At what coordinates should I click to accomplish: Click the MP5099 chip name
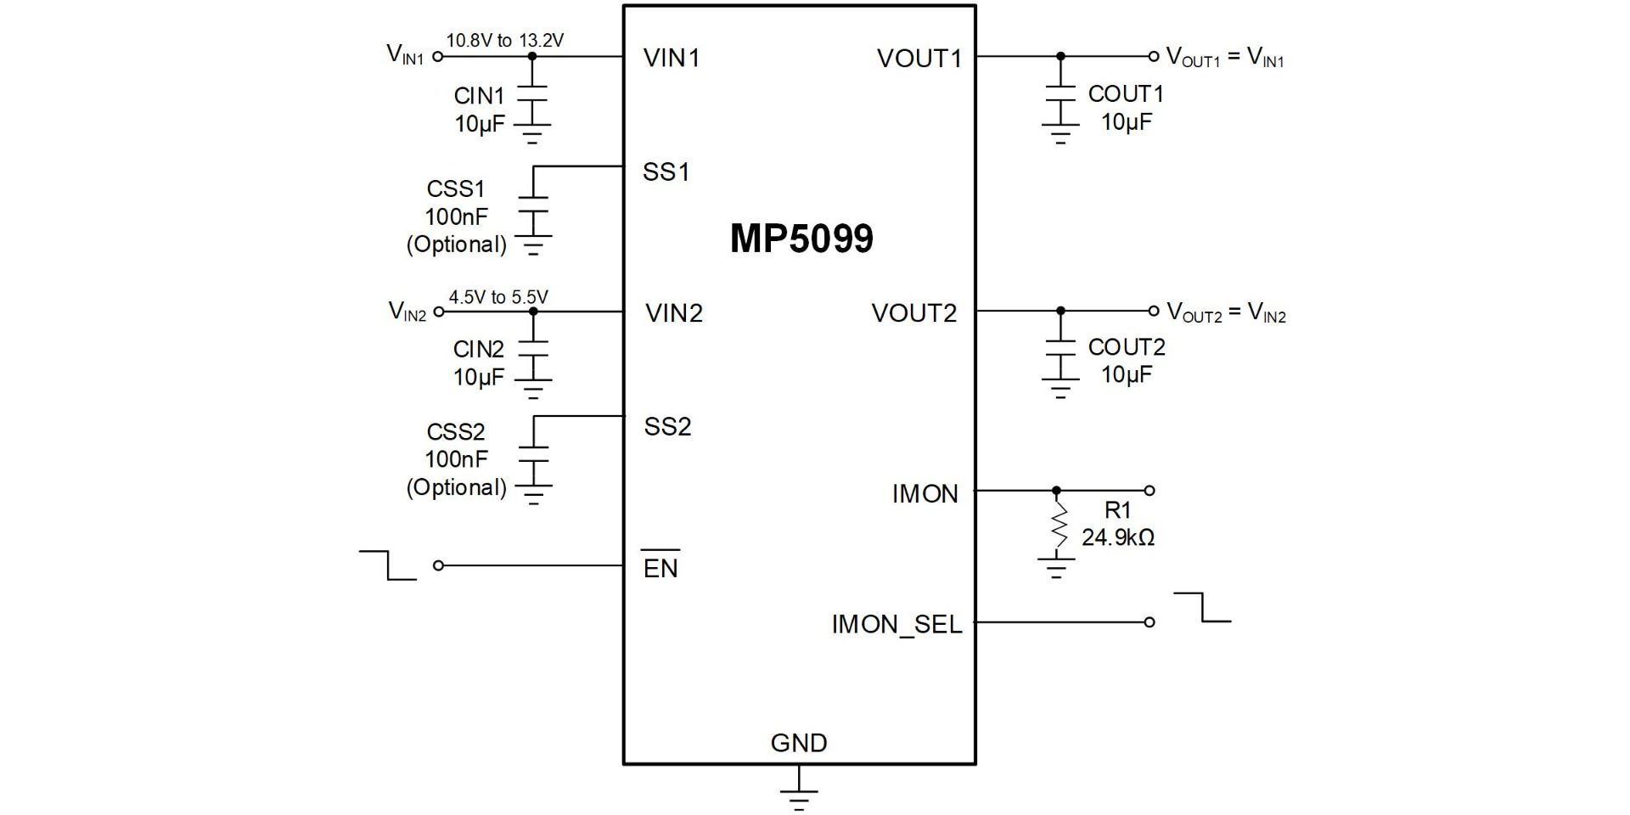pyautogui.click(x=801, y=239)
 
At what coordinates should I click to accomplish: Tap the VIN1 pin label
pyautogui.click(x=672, y=58)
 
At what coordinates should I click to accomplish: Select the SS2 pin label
pyautogui.click(x=667, y=426)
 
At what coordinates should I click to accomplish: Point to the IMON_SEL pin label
pyautogui.click(x=896, y=625)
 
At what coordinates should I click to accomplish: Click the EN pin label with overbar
pyautogui.click(x=660, y=566)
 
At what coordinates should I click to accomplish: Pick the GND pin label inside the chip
pyautogui.click(x=799, y=743)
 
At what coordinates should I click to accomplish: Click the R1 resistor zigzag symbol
pyautogui.click(x=1057, y=524)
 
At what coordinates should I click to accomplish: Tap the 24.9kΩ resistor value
pyautogui.click(x=1117, y=537)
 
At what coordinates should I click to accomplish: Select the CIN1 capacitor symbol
pyautogui.click(x=532, y=93)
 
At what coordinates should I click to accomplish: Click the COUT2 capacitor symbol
pyautogui.click(x=1059, y=347)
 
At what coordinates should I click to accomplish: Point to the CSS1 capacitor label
pyautogui.click(x=455, y=188)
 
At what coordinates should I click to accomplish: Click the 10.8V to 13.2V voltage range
pyautogui.click(x=505, y=40)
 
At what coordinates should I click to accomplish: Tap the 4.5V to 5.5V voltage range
pyautogui.click(x=498, y=297)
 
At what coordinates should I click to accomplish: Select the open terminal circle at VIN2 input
pyautogui.click(x=438, y=312)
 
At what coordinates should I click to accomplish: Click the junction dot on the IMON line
pyautogui.click(x=1056, y=491)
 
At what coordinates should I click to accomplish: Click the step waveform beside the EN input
pyautogui.click(x=388, y=565)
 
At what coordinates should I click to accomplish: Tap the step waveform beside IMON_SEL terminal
pyautogui.click(x=1202, y=607)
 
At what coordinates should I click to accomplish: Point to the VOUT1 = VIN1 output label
pyautogui.click(x=1225, y=58)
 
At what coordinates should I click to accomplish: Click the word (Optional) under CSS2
pyautogui.click(x=456, y=487)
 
